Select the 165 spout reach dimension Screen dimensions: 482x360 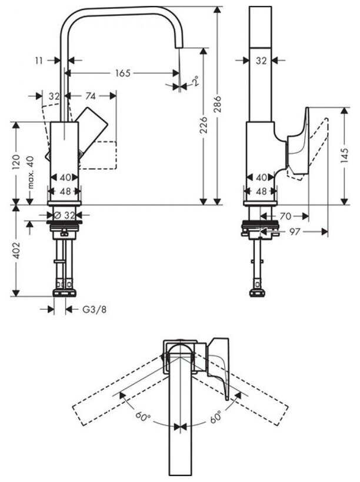click(x=122, y=73)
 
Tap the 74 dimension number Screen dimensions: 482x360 click(x=91, y=96)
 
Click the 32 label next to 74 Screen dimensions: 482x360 click(x=54, y=96)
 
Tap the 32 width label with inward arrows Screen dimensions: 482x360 click(x=261, y=59)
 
